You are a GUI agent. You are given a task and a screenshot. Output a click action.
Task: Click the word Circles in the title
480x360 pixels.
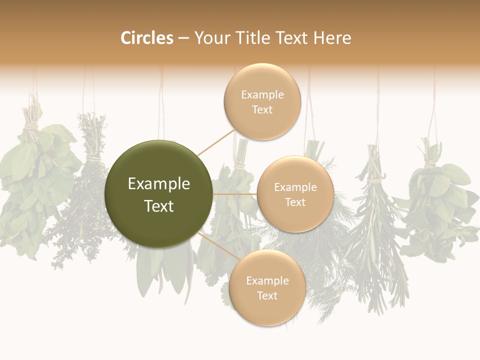coord(147,38)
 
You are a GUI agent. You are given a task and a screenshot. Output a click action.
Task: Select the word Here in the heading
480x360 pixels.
coord(332,38)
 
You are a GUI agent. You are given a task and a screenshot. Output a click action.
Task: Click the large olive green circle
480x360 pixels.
coord(158,194)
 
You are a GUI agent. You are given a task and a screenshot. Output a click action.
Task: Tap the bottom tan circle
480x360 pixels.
coord(267,287)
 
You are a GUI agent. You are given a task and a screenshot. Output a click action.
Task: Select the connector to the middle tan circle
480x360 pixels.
coord(235,194)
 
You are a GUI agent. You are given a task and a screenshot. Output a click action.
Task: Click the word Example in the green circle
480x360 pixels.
coord(158,184)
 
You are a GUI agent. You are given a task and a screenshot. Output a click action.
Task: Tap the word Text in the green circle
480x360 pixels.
coord(158,206)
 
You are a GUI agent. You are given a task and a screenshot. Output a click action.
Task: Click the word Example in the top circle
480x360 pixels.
coord(262,95)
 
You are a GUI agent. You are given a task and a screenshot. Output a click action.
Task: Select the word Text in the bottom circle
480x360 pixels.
coord(267,295)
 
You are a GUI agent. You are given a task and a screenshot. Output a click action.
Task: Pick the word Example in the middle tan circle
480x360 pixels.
coord(295,187)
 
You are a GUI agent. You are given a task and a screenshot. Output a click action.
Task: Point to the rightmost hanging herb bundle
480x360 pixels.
coord(440,205)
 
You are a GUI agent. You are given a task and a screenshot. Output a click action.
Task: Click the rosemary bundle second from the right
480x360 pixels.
coord(377,225)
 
